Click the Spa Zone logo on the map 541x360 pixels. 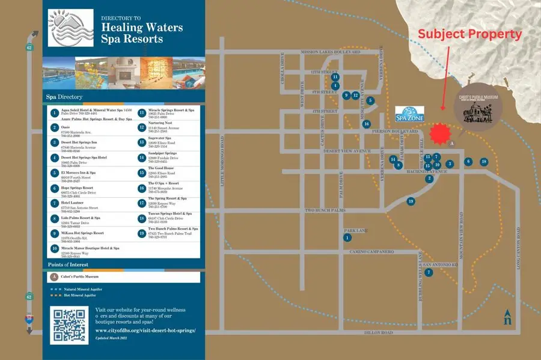click(411, 114)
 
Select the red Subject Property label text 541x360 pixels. click(469, 34)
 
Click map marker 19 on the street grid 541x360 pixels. click(411, 201)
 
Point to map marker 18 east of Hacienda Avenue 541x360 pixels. click(484, 162)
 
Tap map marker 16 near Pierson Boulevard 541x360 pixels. click(366, 124)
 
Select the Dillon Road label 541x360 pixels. click(379, 333)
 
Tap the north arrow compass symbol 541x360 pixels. click(508, 316)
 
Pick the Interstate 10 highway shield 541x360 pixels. click(28, 319)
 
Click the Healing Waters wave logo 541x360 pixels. click(70, 28)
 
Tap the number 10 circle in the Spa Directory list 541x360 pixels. click(54, 248)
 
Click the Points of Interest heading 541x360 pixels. click(69, 264)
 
